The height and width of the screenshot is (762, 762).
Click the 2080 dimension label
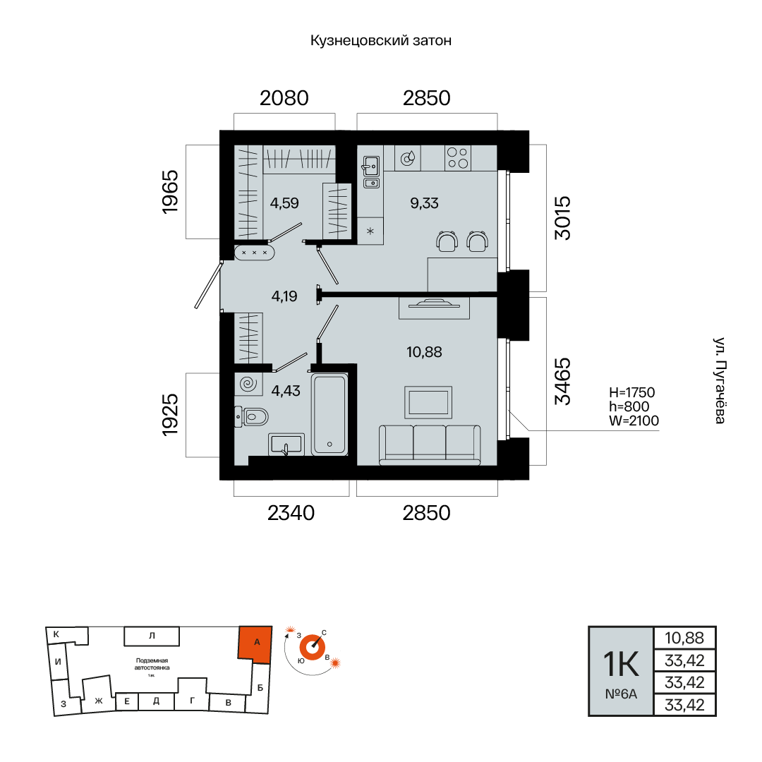(x=284, y=98)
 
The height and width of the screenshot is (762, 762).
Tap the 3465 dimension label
(x=563, y=382)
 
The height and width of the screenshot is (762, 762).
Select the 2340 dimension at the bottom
(x=291, y=513)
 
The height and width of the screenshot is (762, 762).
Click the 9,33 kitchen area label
(x=424, y=203)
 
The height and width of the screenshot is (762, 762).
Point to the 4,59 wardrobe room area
(x=284, y=203)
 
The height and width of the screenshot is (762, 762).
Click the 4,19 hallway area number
(x=284, y=296)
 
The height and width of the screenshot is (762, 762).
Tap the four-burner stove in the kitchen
(x=458, y=157)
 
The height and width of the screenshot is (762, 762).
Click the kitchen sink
(x=371, y=167)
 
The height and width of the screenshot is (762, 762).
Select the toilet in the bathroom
(x=251, y=416)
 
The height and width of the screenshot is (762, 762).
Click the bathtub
(x=329, y=415)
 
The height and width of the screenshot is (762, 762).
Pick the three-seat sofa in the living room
(x=430, y=445)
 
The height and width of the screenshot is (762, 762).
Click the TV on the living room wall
(x=434, y=305)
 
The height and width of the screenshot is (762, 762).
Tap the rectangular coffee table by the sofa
(x=428, y=402)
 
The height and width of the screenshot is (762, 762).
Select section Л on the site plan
(x=152, y=636)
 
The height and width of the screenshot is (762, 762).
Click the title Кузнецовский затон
(x=381, y=40)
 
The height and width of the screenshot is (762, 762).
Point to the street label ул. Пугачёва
(x=720, y=380)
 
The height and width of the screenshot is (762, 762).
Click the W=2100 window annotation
(x=634, y=421)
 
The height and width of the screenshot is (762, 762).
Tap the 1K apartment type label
(x=621, y=664)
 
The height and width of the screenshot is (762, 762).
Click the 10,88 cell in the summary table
(x=684, y=638)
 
